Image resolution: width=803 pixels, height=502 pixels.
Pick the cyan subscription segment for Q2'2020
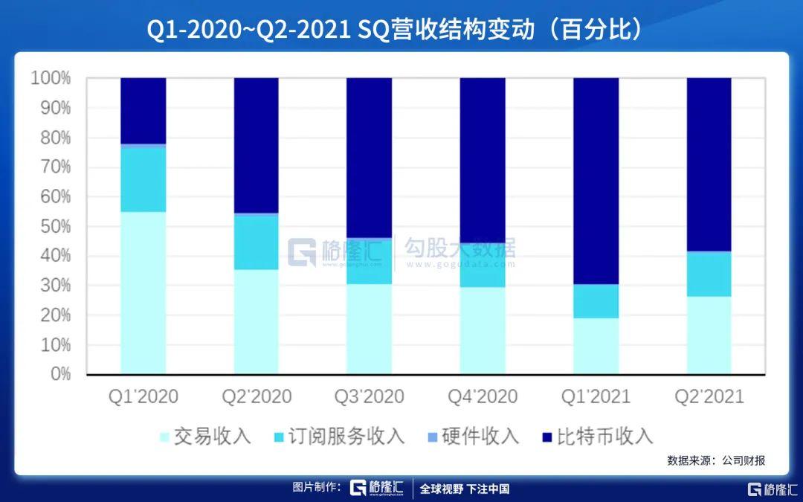point(256,242)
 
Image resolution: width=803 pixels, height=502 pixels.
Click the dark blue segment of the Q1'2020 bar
point(143,110)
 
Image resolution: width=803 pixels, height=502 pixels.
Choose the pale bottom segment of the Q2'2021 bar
point(709,335)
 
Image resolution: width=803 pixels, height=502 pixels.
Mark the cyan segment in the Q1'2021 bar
point(596,301)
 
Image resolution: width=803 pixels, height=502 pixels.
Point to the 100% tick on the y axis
point(51,78)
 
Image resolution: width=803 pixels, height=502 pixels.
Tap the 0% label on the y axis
point(59,374)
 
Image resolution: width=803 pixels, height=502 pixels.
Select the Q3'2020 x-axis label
point(369,396)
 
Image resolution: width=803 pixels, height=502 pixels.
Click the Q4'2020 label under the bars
point(482,396)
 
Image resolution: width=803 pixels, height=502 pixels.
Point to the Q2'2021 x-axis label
point(709,396)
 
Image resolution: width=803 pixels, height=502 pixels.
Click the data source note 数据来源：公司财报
point(715,460)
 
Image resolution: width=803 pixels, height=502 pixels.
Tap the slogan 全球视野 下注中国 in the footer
point(465,489)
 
